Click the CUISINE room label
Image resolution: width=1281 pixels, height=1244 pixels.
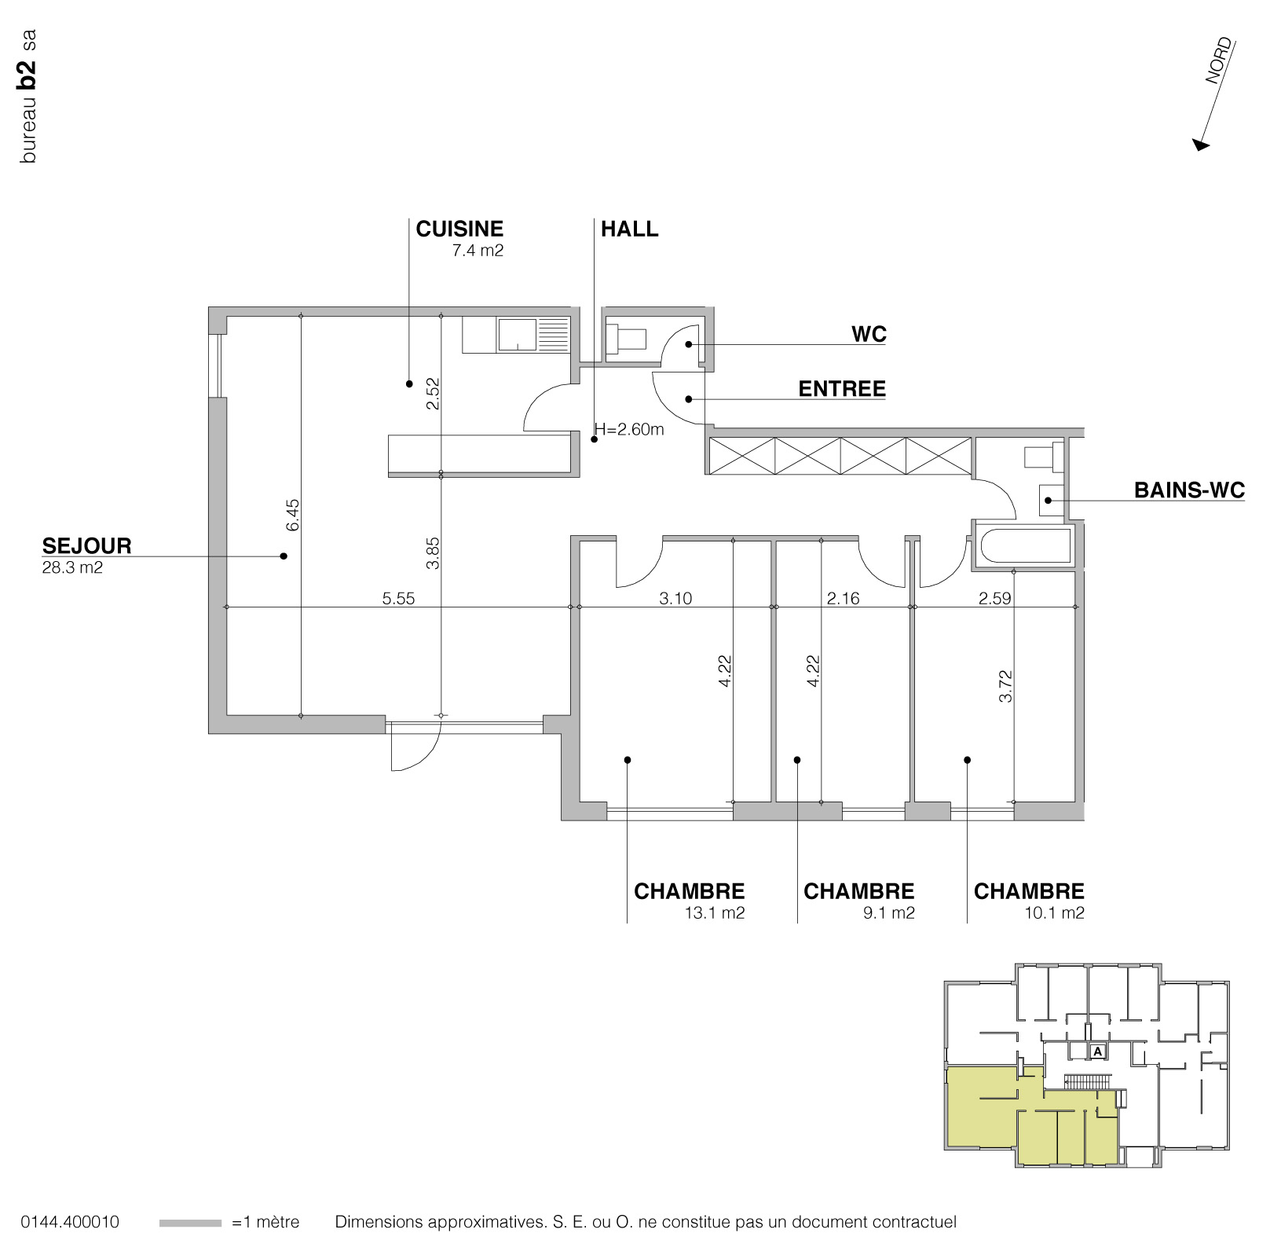tap(459, 229)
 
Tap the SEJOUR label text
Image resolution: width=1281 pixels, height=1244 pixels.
tap(86, 545)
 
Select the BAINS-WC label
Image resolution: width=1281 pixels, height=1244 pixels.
tap(1189, 490)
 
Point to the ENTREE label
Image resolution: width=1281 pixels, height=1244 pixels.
tap(842, 389)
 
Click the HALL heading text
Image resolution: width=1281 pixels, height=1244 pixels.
tap(630, 229)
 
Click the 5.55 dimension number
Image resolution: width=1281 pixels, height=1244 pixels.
tap(398, 599)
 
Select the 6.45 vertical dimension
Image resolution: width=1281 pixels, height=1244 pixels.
tap(293, 516)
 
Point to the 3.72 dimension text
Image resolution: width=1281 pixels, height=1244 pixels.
tap(1006, 686)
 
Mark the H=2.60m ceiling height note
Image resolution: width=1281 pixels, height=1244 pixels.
tap(629, 429)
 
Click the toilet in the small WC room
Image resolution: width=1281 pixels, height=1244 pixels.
tap(628, 339)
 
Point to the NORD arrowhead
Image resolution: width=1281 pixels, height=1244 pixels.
tap(1201, 145)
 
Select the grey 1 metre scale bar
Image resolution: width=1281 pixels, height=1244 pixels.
tap(190, 1224)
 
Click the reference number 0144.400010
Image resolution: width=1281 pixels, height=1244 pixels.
tap(71, 1223)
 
